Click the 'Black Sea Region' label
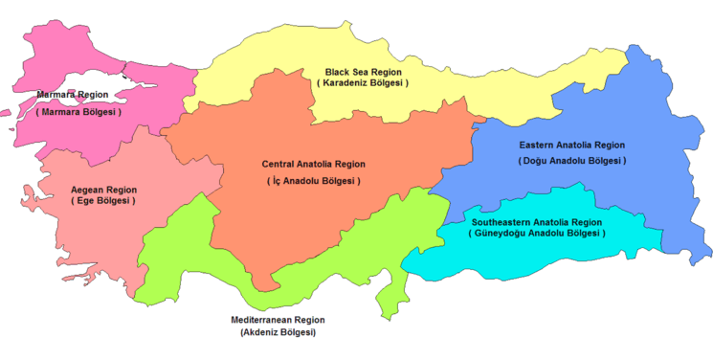(x=364, y=72)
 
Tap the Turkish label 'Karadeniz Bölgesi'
(x=364, y=83)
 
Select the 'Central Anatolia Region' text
(x=313, y=164)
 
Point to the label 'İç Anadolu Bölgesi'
(x=313, y=181)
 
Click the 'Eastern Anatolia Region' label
(x=571, y=145)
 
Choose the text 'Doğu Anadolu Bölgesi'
(x=571, y=160)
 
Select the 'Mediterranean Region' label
(x=278, y=319)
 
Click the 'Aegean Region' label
(x=103, y=190)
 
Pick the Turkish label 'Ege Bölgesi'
(x=103, y=201)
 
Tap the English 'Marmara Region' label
(x=73, y=95)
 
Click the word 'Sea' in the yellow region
(x=362, y=72)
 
